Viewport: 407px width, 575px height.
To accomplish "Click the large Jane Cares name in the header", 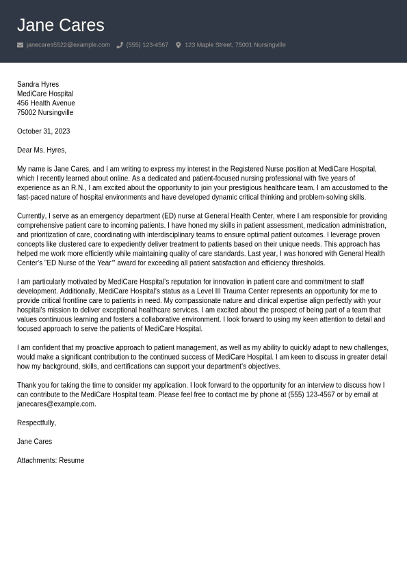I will click(60, 25).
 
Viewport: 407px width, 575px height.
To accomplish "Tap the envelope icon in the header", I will click(20, 45).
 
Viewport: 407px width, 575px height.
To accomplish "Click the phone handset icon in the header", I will click(120, 45).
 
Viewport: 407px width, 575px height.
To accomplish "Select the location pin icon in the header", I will click(179, 45).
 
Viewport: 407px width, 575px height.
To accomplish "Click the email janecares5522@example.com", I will click(68, 45).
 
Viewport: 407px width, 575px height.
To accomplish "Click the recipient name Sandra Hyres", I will click(38, 84).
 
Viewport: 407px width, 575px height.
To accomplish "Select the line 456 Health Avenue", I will click(46, 103).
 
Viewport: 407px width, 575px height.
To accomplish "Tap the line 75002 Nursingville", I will click(45, 113).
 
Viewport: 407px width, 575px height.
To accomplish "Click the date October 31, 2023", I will click(43, 131).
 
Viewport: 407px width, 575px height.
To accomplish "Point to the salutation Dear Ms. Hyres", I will click(42, 150).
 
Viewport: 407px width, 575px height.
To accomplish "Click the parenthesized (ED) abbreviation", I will click(169, 216).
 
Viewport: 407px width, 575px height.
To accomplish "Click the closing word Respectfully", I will click(36, 423).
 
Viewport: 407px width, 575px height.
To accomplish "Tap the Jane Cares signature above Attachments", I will click(34, 442).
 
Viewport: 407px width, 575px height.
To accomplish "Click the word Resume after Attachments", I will click(72, 461).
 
